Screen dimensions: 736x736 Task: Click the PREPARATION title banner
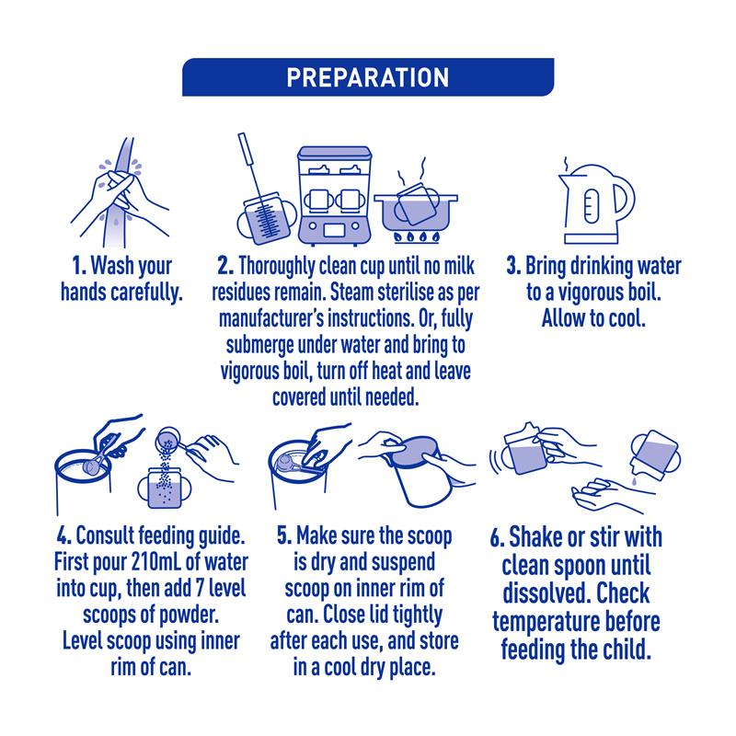coord(368,77)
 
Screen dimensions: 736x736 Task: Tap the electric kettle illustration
coord(594,201)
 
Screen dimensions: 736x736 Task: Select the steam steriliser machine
coord(334,195)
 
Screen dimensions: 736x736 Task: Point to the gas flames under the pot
coord(417,237)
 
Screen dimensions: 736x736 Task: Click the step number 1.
coord(79,266)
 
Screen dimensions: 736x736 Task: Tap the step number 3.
coord(513,266)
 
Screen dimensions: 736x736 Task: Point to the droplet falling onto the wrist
coord(634,481)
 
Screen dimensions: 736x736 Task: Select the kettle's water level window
coord(592,206)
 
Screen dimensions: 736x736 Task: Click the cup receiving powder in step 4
coord(165,489)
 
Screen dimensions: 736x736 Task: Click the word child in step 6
coord(627,650)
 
